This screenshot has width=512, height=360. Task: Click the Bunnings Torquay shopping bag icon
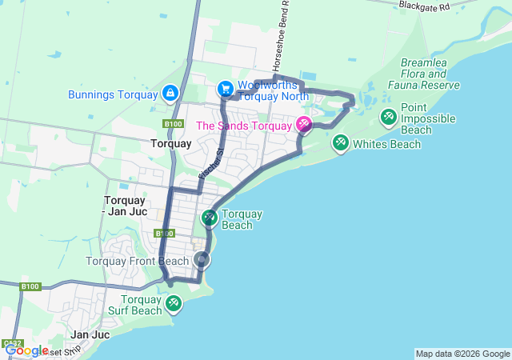(170, 94)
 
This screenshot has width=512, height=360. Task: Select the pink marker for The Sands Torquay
(303, 125)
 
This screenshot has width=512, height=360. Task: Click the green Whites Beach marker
(340, 143)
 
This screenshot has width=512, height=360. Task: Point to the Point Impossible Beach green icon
(388, 118)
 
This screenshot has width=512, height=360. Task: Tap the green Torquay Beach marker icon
(209, 217)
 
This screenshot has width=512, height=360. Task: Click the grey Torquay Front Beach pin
(202, 260)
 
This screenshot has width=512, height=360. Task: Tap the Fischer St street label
(210, 163)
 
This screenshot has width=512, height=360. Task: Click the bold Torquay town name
(171, 144)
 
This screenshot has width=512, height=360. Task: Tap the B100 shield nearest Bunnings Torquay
(171, 124)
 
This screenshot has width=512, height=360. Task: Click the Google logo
(26, 350)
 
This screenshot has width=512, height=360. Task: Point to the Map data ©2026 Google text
(462, 354)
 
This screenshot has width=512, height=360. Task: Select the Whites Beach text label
(386, 144)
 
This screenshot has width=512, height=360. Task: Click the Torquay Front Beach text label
(138, 262)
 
